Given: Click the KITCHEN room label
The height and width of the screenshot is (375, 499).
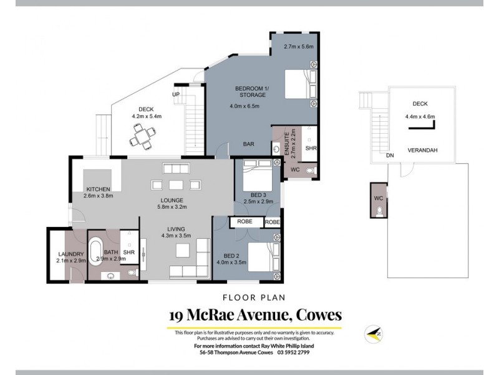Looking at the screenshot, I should pyautogui.click(x=99, y=189).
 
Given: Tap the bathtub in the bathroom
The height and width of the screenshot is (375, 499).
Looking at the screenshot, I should pyautogui.click(x=97, y=251).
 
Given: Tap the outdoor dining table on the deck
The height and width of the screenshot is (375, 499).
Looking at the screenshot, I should pyautogui.click(x=145, y=136).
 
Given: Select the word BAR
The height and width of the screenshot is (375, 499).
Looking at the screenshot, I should pyautogui.click(x=248, y=144).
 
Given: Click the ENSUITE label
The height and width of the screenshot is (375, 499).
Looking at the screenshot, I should pyautogui.click(x=288, y=144).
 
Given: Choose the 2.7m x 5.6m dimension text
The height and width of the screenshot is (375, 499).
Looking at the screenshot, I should pyautogui.click(x=298, y=46).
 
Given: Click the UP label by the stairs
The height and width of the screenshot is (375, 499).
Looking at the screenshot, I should pyautogui.click(x=176, y=94).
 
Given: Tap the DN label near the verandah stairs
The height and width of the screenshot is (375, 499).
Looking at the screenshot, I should pyautogui.click(x=390, y=155).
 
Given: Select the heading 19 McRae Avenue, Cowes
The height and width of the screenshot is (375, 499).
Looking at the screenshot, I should pyautogui.click(x=254, y=315).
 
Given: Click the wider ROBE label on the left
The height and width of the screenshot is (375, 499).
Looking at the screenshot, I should pyautogui.click(x=245, y=222).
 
